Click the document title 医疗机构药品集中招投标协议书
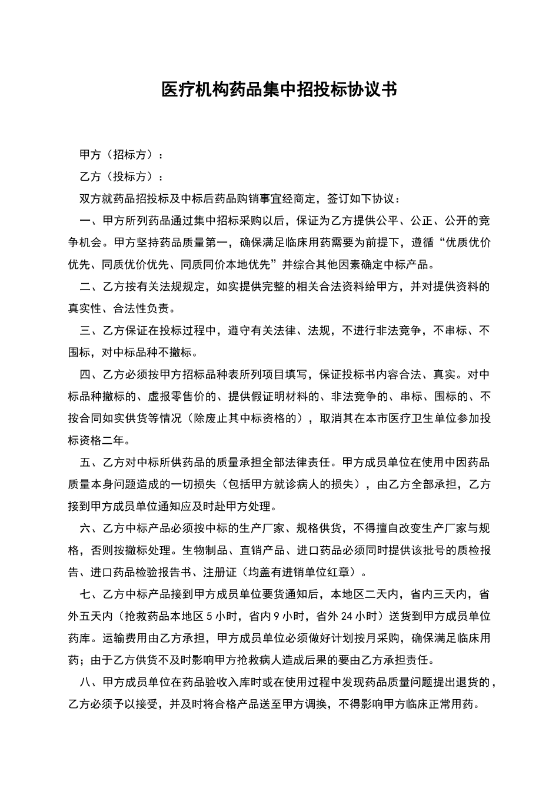[x=279, y=89]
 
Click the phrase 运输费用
[x=125, y=638]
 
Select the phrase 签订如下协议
[x=361, y=199]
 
